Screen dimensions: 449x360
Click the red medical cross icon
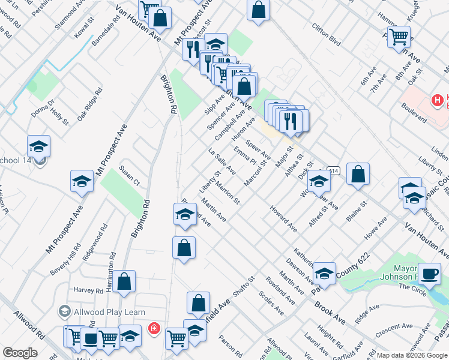pos(154,329)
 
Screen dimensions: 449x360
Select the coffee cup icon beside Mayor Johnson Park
pos(429,273)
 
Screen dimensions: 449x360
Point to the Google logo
pos(20,353)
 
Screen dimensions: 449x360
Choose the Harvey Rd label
pos(88,290)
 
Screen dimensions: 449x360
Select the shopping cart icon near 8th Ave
pos(399,37)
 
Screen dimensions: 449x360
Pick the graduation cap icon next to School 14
pos(38,146)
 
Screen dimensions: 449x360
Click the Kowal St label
pos(85,31)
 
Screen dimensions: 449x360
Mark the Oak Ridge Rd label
pos(89,103)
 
